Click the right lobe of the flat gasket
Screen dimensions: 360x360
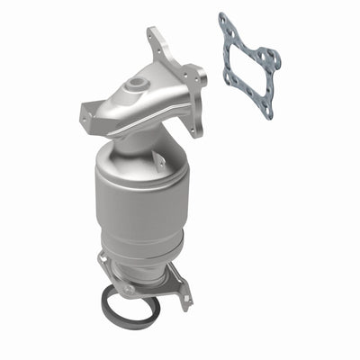(x=268, y=60)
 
